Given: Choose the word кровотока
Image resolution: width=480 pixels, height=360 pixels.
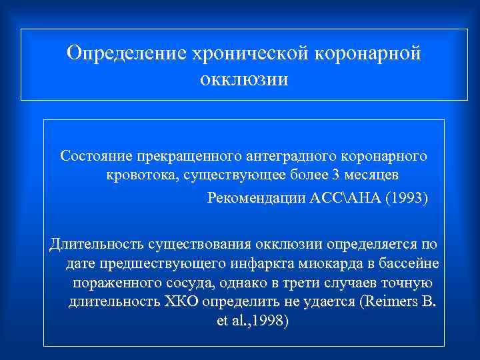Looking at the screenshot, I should tap(139, 175).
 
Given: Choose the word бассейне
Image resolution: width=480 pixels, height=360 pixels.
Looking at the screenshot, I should tap(410, 263).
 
